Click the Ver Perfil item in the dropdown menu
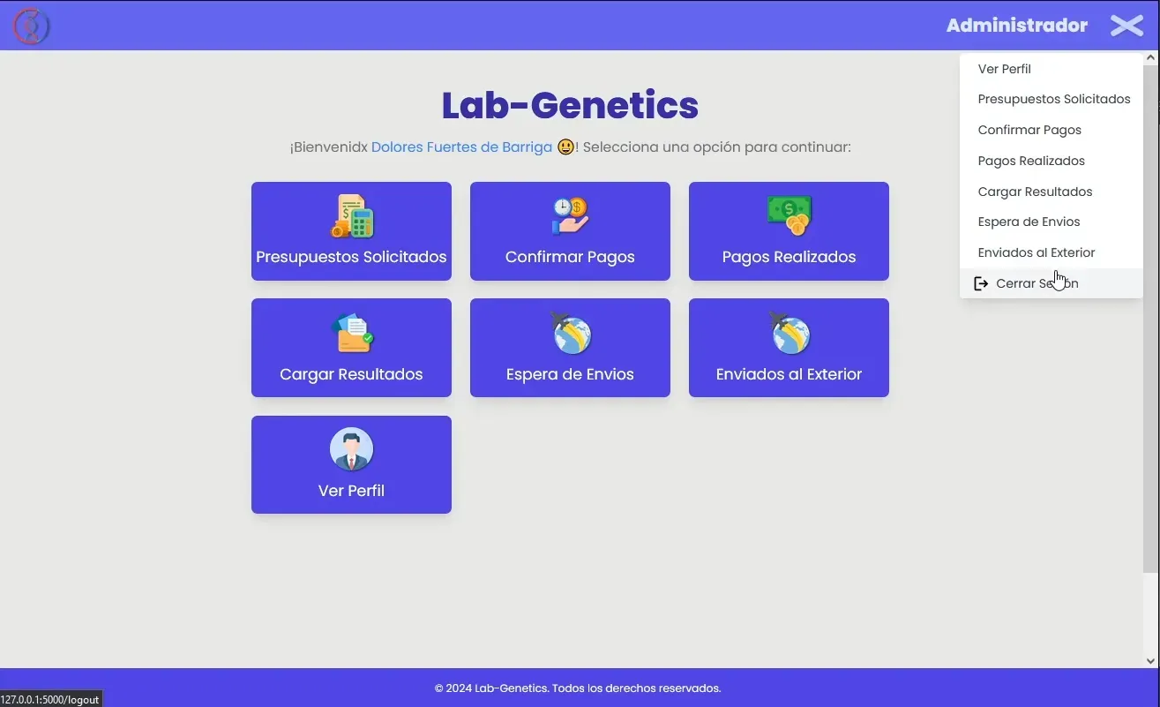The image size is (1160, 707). tap(1004, 69)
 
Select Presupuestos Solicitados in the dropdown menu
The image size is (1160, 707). tap(1053, 100)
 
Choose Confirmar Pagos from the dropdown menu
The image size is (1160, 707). tap(1029, 130)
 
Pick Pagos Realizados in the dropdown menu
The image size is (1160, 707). tap(1031, 161)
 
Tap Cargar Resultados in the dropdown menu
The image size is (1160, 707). tap(1035, 192)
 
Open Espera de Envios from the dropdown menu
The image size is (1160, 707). tap(1029, 222)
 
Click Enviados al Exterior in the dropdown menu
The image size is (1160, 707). tap(1036, 252)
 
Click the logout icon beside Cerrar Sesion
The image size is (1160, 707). tap(980, 283)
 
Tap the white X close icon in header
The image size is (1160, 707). tap(1126, 26)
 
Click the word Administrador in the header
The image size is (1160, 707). tap(1016, 26)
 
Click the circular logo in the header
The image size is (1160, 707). tap(31, 26)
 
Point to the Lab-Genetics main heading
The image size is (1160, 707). tap(570, 106)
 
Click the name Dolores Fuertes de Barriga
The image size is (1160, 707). tap(461, 147)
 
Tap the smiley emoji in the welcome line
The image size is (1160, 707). tap(565, 147)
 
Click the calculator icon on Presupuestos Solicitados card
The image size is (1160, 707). tap(352, 216)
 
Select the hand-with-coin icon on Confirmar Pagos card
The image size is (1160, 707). tap(570, 216)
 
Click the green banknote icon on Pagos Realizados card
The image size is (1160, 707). tap(789, 214)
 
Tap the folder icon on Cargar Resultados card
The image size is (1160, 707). tap(352, 333)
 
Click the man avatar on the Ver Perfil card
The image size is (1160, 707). tap(352, 449)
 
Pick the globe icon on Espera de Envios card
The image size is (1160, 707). tap(570, 333)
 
